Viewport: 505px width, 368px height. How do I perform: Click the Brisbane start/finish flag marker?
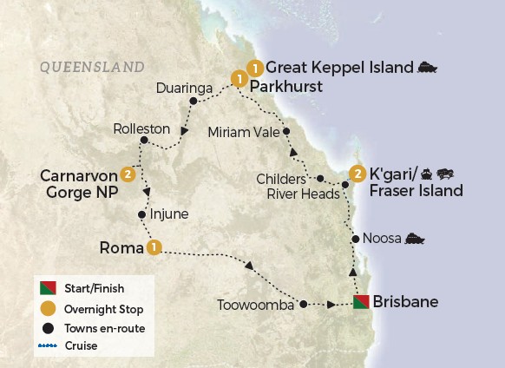click(x=361, y=303)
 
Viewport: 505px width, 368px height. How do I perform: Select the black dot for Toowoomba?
click(x=303, y=304)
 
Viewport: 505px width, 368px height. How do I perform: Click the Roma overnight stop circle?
click(x=154, y=247)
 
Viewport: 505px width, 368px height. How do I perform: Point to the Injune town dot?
click(x=141, y=214)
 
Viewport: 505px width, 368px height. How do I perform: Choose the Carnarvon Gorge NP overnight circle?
click(x=128, y=174)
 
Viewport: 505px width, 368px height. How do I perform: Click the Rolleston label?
click(x=141, y=128)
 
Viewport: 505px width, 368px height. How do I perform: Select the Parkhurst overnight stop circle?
click(x=238, y=80)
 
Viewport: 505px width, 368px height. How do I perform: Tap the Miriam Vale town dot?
click(x=286, y=132)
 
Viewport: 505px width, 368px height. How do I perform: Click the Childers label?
click(x=280, y=178)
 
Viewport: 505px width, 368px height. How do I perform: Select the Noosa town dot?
click(x=354, y=239)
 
